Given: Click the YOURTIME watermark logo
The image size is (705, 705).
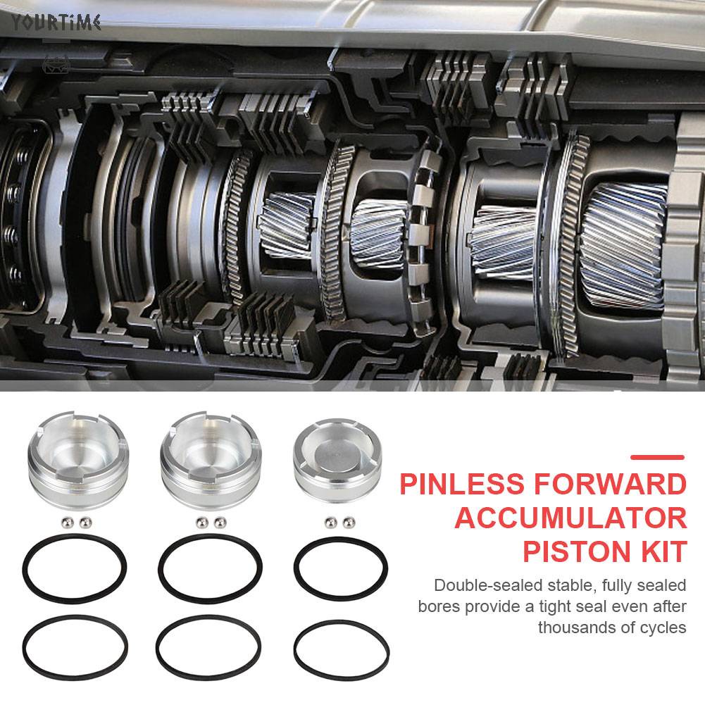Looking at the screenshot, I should click(x=56, y=23).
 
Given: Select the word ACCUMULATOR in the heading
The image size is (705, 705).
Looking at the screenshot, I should click(x=570, y=518).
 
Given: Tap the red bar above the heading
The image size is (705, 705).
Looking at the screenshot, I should click(x=657, y=457).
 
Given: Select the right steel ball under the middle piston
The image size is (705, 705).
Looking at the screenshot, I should click(x=220, y=522).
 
